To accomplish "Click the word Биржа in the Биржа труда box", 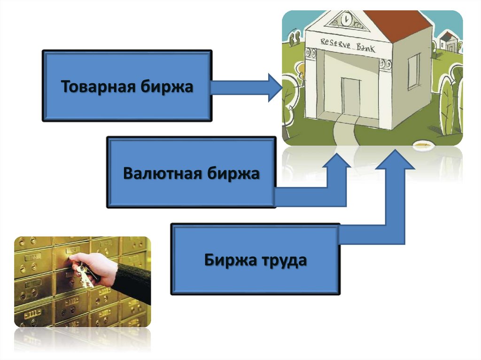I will click(228, 260).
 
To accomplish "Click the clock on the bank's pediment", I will click(347, 20).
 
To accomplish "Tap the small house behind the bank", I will click(449, 42).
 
